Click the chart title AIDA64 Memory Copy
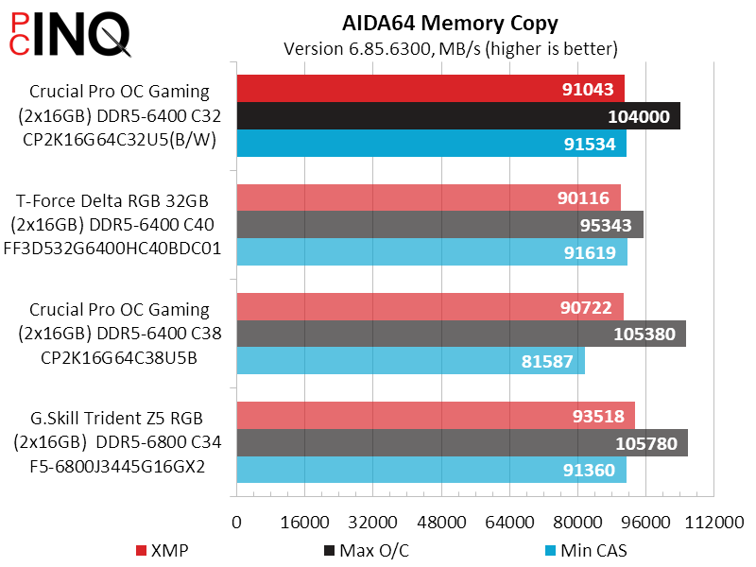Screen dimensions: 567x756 (x=451, y=23)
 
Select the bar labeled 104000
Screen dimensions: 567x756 (x=458, y=116)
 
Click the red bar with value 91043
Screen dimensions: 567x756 (x=430, y=89)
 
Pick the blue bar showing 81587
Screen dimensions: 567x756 (x=410, y=361)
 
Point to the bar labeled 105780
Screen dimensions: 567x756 (x=462, y=443)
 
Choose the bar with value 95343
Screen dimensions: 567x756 (x=439, y=225)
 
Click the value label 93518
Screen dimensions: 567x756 (x=597, y=416)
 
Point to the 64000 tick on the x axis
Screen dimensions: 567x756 (x=510, y=523)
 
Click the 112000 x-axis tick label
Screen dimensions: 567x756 (x=714, y=523)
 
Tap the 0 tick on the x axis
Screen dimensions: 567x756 (x=236, y=523)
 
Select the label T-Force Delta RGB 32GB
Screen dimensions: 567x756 (x=112, y=200)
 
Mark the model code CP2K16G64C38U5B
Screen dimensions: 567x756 (x=119, y=358)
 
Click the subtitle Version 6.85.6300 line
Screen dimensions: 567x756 (x=451, y=47)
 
